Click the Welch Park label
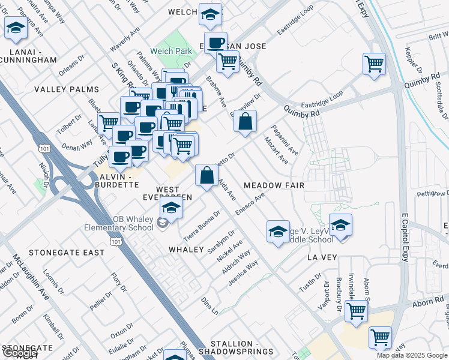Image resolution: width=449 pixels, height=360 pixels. [172, 51]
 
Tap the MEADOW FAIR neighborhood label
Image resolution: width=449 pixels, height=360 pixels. [274, 185]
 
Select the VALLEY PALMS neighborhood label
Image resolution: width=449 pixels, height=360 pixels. [66, 89]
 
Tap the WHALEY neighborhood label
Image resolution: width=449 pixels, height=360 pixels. [187, 249]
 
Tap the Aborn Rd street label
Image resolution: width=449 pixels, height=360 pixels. [428, 303]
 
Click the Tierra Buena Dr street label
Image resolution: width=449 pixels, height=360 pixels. [199, 228]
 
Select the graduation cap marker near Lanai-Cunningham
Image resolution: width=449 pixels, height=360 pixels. [15, 27]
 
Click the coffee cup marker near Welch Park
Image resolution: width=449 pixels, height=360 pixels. [215, 43]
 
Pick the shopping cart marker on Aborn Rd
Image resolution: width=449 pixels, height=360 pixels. [357, 311]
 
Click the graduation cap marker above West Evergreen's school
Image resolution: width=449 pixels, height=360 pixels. [172, 208]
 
